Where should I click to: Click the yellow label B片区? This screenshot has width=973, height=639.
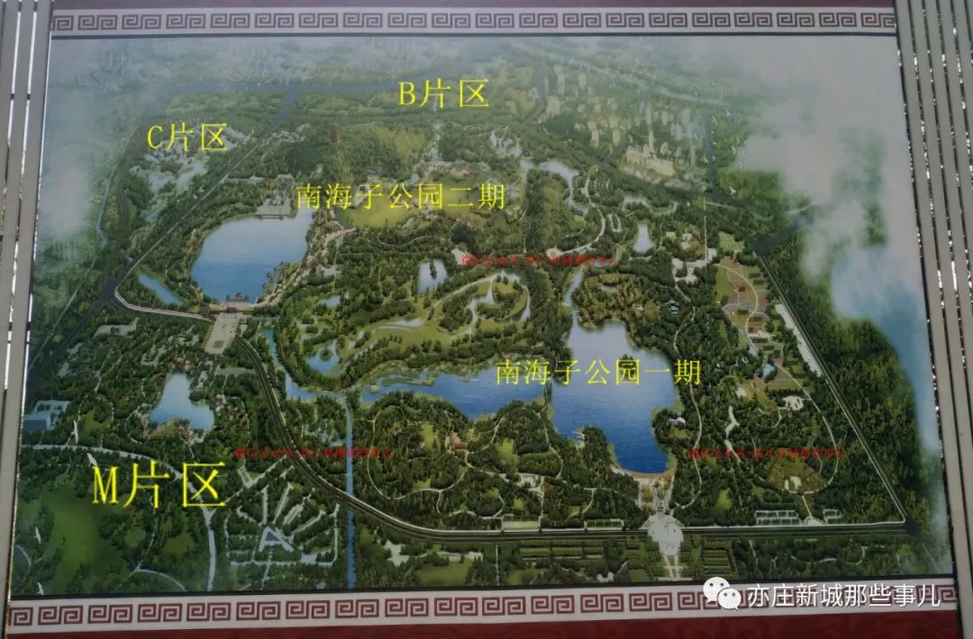click(x=442, y=94)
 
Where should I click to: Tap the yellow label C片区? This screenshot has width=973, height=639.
click(x=186, y=139)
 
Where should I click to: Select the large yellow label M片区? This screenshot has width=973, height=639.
click(x=159, y=487)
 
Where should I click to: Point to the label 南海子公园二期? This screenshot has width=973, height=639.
click(x=400, y=195)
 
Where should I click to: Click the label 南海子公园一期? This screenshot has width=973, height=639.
click(x=598, y=371)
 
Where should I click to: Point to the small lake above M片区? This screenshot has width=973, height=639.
click(x=180, y=402)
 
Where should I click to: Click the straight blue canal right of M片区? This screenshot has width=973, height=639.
click(x=350, y=486)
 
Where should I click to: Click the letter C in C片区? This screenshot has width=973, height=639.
click(x=154, y=139)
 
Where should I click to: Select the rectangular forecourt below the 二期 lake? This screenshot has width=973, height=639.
click(x=221, y=334)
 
